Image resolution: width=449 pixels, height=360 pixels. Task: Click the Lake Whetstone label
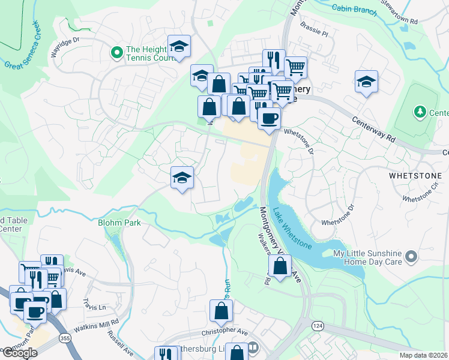point(292,229)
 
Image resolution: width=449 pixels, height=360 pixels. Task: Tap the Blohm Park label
point(119,223)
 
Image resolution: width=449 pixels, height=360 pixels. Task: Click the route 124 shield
point(318,325)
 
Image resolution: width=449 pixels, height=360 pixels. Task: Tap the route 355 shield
point(64,339)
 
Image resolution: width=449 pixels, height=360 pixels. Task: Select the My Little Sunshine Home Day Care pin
point(411,257)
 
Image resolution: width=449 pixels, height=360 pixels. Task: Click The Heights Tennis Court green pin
point(117,53)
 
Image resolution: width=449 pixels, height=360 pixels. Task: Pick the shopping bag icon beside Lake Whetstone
point(280,266)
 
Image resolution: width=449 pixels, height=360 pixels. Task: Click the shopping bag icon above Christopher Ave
point(221,311)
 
